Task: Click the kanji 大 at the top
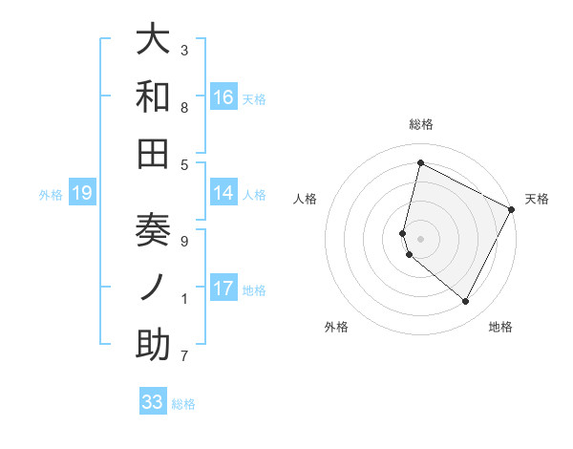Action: point(153,40)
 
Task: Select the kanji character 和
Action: point(153,96)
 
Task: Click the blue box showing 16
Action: point(223,96)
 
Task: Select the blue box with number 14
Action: point(223,193)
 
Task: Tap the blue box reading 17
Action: point(223,289)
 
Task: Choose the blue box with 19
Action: point(81,194)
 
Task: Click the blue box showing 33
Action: point(153,402)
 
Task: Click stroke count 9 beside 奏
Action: point(183,241)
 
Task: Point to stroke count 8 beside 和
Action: point(183,107)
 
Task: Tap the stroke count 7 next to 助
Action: point(183,356)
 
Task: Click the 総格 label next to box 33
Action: point(183,404)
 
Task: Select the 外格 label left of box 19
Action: point(51,195)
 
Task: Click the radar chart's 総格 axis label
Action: point(421,124)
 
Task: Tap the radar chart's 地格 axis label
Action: point(500,327)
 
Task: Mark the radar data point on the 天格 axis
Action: point(512,209)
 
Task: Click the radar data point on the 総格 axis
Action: point(420,162)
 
